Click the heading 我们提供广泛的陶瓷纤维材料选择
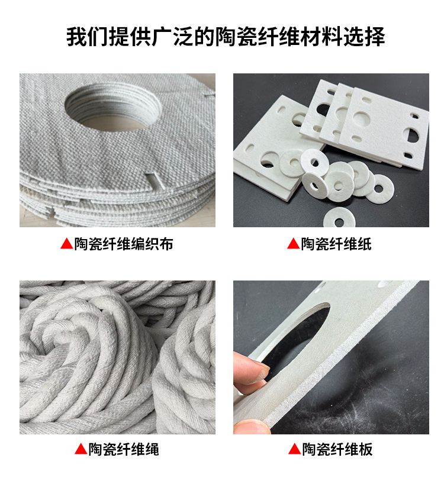[226, 37]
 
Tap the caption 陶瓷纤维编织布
[124, 244]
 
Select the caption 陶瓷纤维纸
[336, 244]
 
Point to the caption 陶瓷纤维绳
[124, 449]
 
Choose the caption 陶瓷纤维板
[337, 449]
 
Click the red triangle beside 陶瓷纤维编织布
[66, 244]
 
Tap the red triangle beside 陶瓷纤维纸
[293, 244]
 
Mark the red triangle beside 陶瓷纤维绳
[81, 449]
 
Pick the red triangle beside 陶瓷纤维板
[294, 449]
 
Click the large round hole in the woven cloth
[113, 107]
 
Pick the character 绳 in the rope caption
[152, 449]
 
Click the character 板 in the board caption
[365, 449]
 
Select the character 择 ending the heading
[375, 37]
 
